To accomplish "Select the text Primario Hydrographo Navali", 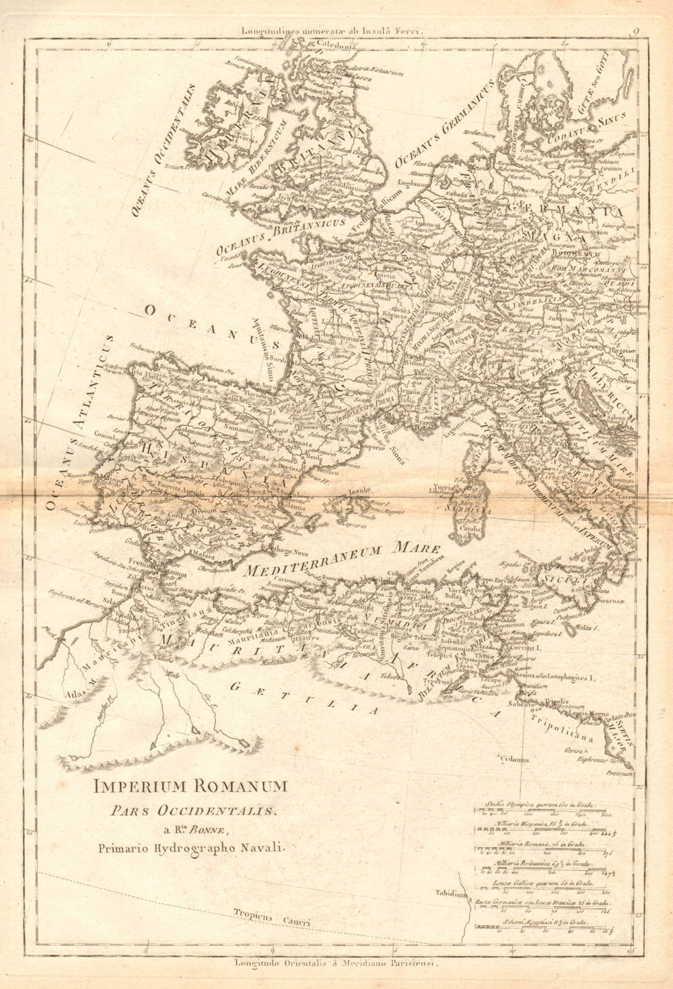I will [x=191, y=848].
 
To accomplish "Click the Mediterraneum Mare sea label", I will [x=343, y=559].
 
